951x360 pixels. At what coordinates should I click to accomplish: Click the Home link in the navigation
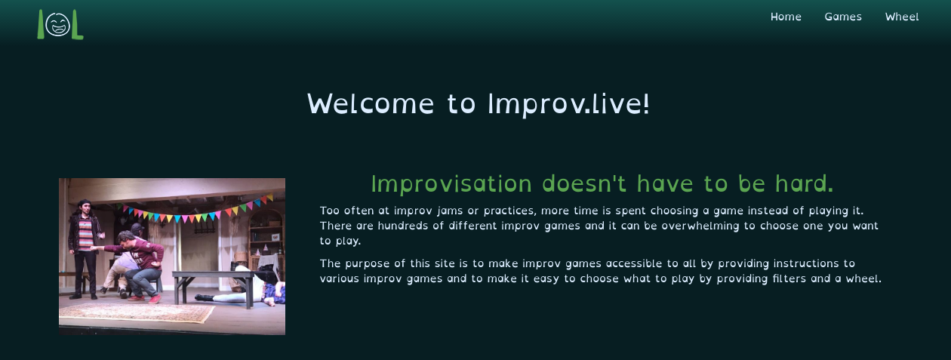pyautogui.click(x=786, y=17)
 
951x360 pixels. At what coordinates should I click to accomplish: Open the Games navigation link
pyautogui.click(x=843, y=17)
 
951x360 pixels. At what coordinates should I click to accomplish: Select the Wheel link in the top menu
pyautogui.click(x=902, y=17)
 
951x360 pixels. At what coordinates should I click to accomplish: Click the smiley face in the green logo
pyautogui.click(x=57, y=25)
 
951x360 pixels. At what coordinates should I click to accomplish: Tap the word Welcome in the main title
pyautogui.click(x=371, y=103)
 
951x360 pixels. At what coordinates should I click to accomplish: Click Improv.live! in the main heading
pyautogui.click(x=568, y=103)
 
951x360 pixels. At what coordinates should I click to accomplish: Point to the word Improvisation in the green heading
pyautogui.click(x=451, y=183)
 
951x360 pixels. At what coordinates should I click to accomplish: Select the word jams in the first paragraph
pyautogui.click(x=450, y=211)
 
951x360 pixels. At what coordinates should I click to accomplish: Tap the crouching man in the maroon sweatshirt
pyautogui.click(x=140, y=260)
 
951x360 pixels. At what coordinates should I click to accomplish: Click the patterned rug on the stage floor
pyautogui.click(x=136, y=311)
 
